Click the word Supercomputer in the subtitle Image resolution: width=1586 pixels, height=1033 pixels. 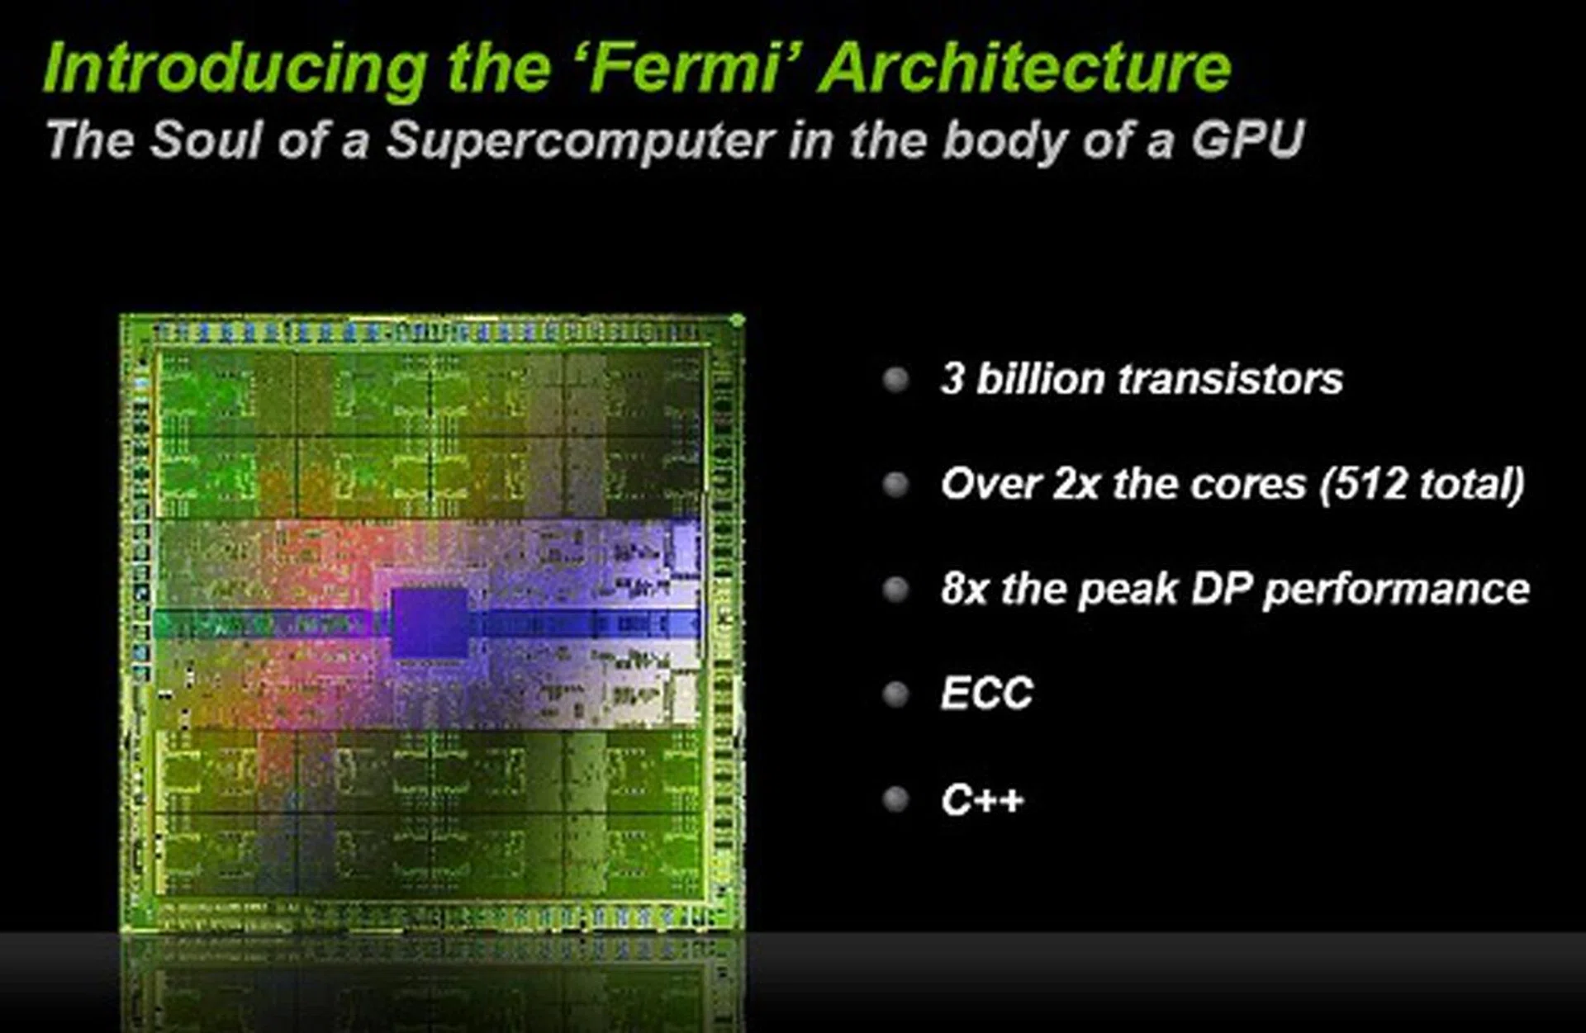coord(579,141)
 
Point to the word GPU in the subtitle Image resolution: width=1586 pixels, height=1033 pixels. coord(1246,138)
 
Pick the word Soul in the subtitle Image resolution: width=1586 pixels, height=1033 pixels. coord(207,139)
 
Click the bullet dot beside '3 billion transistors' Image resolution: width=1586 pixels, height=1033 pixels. coord(895,380)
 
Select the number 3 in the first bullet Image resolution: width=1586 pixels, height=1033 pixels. coord(952,379)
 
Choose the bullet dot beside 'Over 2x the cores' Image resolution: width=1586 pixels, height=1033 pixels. coord(895,484)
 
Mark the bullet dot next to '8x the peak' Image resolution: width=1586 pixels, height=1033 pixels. coord(895,590)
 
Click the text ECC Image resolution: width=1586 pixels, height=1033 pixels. coord(987,694)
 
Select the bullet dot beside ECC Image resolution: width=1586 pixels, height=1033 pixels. coord(895,694)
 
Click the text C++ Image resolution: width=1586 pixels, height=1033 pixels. coord(982,799)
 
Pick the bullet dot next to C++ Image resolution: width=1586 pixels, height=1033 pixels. coord(895,799)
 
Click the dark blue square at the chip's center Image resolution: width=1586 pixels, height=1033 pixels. coord(430,623)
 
